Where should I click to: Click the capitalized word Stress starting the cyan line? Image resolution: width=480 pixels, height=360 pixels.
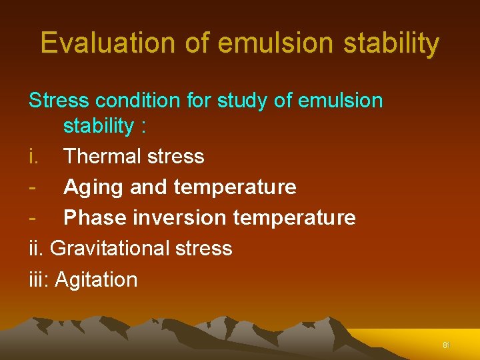coord(59,101)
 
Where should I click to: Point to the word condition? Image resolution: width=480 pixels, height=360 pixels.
coord(138,101)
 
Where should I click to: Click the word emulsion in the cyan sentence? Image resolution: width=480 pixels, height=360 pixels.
coord(341,101)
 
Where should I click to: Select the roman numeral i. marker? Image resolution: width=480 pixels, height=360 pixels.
coord(33,157)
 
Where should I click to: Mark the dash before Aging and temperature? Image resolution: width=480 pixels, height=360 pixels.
coord(32,187)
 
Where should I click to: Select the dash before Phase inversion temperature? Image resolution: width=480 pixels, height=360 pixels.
coord(32,218)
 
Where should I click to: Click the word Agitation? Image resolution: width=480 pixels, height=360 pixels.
coord(96,279)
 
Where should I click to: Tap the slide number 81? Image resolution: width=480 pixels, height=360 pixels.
coord(447,345)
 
